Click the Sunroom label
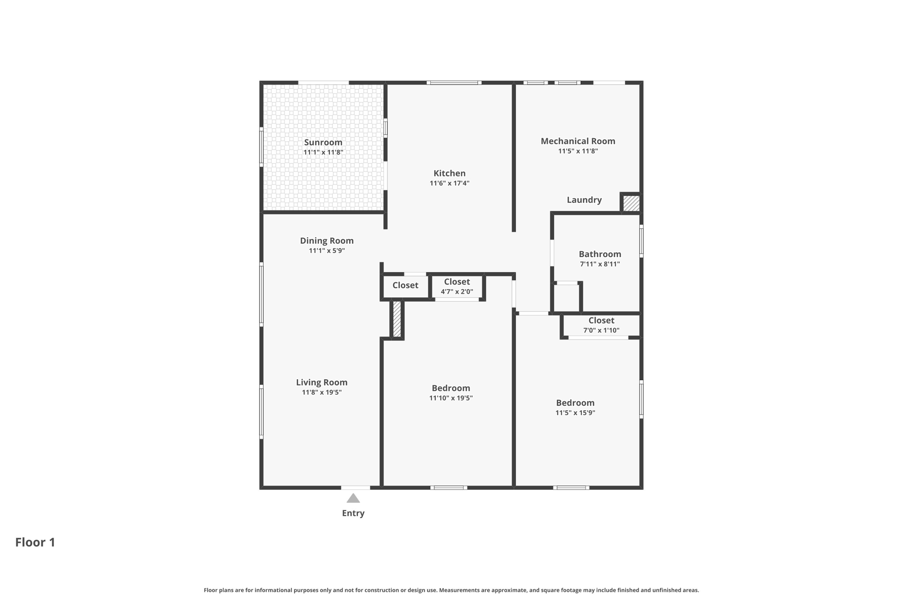[323, 142]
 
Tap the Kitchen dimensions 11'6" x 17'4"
[449, 183]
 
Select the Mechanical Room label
[578, 141]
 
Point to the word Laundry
[584, 200]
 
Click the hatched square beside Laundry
[631, 203]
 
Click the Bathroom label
[600, 254]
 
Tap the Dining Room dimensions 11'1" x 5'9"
[326, 251]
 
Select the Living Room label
[321, 382]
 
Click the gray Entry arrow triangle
[353, 499]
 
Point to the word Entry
[353, 513]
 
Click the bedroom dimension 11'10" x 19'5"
[451, 398]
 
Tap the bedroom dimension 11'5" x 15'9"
[575, 413]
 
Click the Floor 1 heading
[35, 542]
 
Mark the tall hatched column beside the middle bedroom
[397, 319]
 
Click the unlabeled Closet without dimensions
[405, 285]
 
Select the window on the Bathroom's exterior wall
[641, 241]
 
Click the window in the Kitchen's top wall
[454, 82]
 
